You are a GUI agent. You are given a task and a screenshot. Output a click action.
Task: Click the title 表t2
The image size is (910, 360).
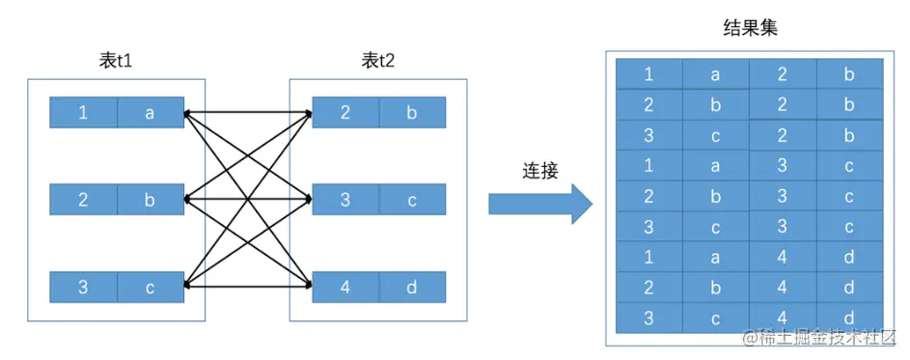click(378, 61)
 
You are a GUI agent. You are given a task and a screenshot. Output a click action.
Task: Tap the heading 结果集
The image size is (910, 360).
click(751, 29)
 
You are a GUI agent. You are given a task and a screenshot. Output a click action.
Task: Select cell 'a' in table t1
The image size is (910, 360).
click(150, 113)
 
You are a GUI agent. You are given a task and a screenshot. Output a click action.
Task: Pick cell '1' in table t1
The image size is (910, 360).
click(83, 113)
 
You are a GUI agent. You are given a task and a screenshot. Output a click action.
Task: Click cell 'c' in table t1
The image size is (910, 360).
click(150, 287)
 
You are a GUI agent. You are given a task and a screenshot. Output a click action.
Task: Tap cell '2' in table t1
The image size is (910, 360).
click(83, 201)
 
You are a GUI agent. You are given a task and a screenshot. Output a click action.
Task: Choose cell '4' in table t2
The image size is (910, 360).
click(345, 287)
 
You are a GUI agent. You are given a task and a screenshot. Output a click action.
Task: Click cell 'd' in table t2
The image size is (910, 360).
click(412, 287)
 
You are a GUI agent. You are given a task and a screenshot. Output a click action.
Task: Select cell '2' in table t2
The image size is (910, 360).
click(345, 113)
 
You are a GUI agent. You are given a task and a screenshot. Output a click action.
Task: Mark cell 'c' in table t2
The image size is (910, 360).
click(412, 201)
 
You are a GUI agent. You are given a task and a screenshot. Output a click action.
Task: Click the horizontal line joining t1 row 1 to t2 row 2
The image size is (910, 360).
click(248, 113)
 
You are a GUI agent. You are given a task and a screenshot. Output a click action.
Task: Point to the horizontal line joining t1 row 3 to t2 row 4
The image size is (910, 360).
click(248, 287)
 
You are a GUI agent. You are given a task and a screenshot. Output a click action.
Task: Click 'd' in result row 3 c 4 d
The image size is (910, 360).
click(849, 318)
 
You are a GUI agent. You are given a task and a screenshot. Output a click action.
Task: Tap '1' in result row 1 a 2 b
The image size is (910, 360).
click(648, 74)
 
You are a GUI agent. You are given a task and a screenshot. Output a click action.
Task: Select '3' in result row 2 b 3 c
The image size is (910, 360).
click(783, 196)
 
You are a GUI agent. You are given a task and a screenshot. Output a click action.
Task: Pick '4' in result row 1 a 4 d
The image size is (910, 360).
click(783, 258)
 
